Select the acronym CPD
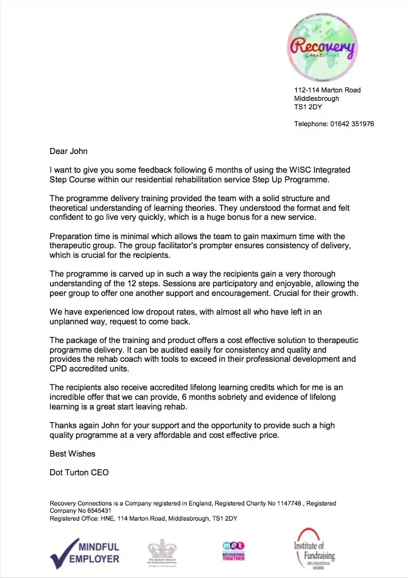(x=59, y=368)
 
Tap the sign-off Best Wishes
(x=73, y=453)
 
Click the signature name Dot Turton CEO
(x=79, y=472)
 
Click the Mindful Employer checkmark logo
(x=85, y=551)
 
